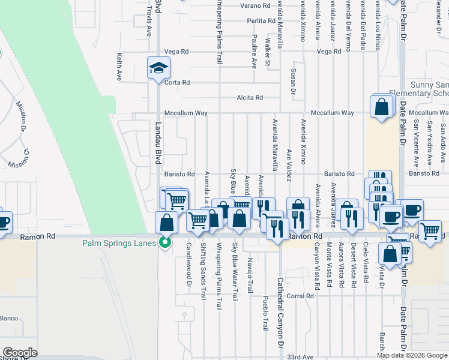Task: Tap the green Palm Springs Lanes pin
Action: coord(162,243)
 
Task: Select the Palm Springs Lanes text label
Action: coord(119,243)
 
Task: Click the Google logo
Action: coord(19,353)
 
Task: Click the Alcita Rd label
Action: coord(250,98)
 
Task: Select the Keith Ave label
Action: coord(119,67)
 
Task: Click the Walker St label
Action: coord(268,52)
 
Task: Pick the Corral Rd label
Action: coord(300,296)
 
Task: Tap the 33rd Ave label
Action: coord(300,356)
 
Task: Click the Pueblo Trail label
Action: coord(265,313)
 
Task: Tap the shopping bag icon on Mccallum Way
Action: coord(381,107)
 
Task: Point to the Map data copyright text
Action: coord(412,355)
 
